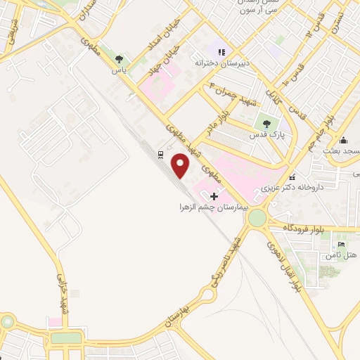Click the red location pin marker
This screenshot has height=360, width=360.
point(181,166)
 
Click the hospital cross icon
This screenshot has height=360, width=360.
point(214,195)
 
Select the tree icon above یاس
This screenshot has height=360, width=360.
point(119,59)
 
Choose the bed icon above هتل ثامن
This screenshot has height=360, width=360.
point(342,244)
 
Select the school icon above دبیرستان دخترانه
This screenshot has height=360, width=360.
point(222,51)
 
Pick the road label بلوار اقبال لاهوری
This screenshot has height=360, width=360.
point(284,265)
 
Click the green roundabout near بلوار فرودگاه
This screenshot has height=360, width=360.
point(258,219)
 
